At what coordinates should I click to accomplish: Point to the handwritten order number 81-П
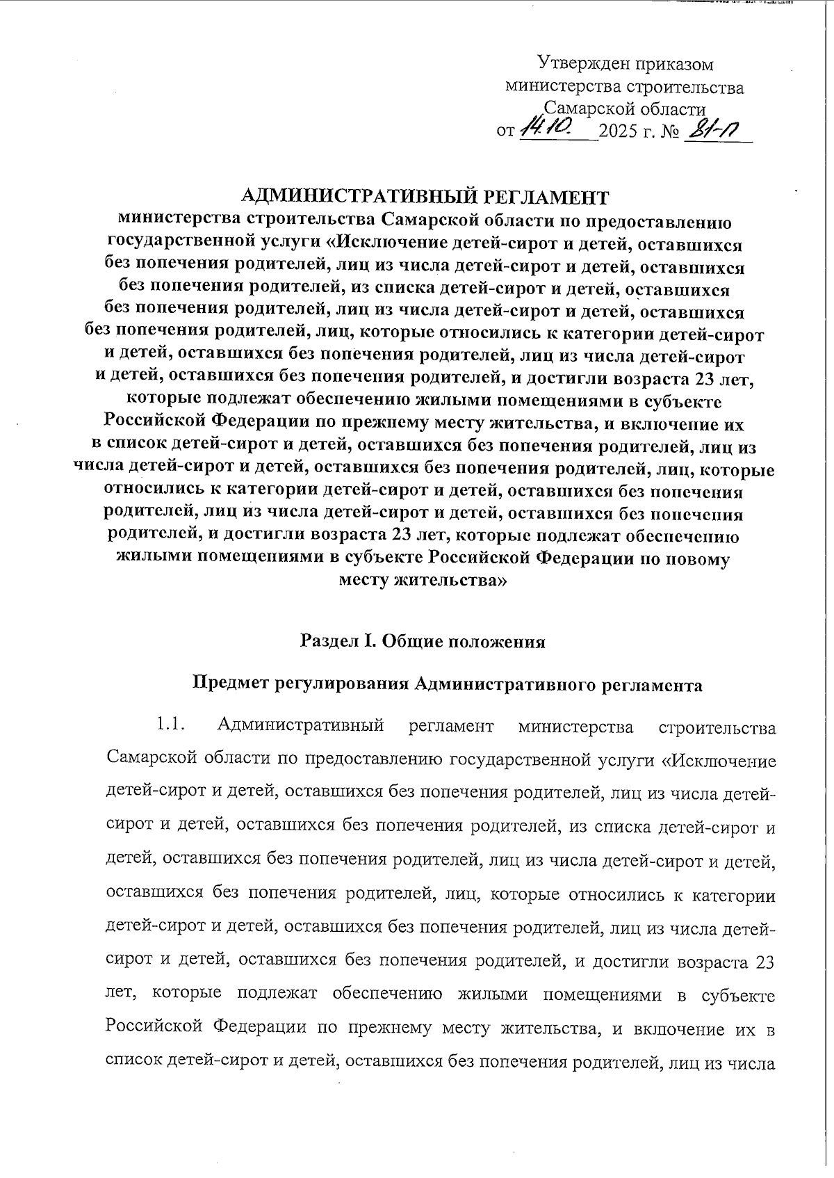[712, 129]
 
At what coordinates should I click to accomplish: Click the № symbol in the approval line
[671, 131]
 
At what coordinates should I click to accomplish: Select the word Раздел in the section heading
[327, 641]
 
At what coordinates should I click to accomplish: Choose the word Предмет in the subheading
[230, 685]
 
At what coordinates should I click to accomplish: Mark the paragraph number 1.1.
[170, 727]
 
